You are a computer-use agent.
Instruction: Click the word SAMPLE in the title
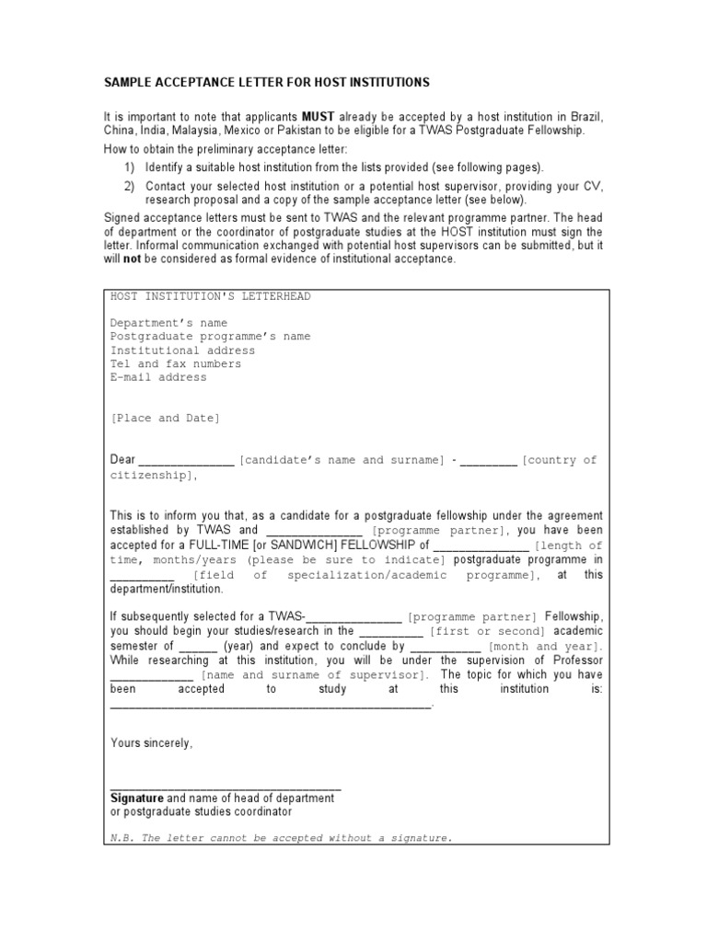(x=127, y=83)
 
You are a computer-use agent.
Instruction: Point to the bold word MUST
(x=318, y=118)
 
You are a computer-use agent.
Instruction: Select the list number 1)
(x=130, y=167)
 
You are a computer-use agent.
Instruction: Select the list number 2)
(x=130, y=186)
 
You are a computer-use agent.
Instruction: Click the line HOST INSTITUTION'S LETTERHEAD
(x=211, y=296)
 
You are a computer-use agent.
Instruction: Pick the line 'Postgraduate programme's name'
(x=211, y=337)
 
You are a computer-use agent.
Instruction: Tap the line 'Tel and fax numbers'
(x=176, y=363)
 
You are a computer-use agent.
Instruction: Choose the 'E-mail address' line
(x=158, y=377)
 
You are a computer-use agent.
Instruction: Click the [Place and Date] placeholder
(x=166, y=418)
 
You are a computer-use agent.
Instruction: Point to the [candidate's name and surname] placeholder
(x=342, y=460)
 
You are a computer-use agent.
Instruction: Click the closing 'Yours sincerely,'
(x=152, y=743)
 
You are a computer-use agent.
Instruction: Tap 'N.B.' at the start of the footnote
(x=123, y=838)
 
